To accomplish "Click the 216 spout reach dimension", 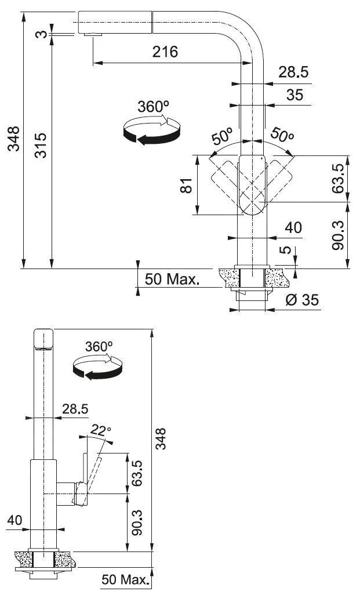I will [165, 52].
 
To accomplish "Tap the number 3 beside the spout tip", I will [39, 34].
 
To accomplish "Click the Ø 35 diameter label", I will [303, 300].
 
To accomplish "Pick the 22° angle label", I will [100, 430].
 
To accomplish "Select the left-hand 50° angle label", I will [221, 136].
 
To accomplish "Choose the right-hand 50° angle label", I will [282, 135].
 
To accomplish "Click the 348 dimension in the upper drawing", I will [12, 139].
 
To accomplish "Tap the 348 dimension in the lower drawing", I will [162, 438].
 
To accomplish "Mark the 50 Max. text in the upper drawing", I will [172, 280].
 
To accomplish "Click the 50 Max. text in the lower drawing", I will [124, 579].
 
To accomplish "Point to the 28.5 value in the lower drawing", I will [75, 409].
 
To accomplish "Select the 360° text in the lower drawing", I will [98, 346].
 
